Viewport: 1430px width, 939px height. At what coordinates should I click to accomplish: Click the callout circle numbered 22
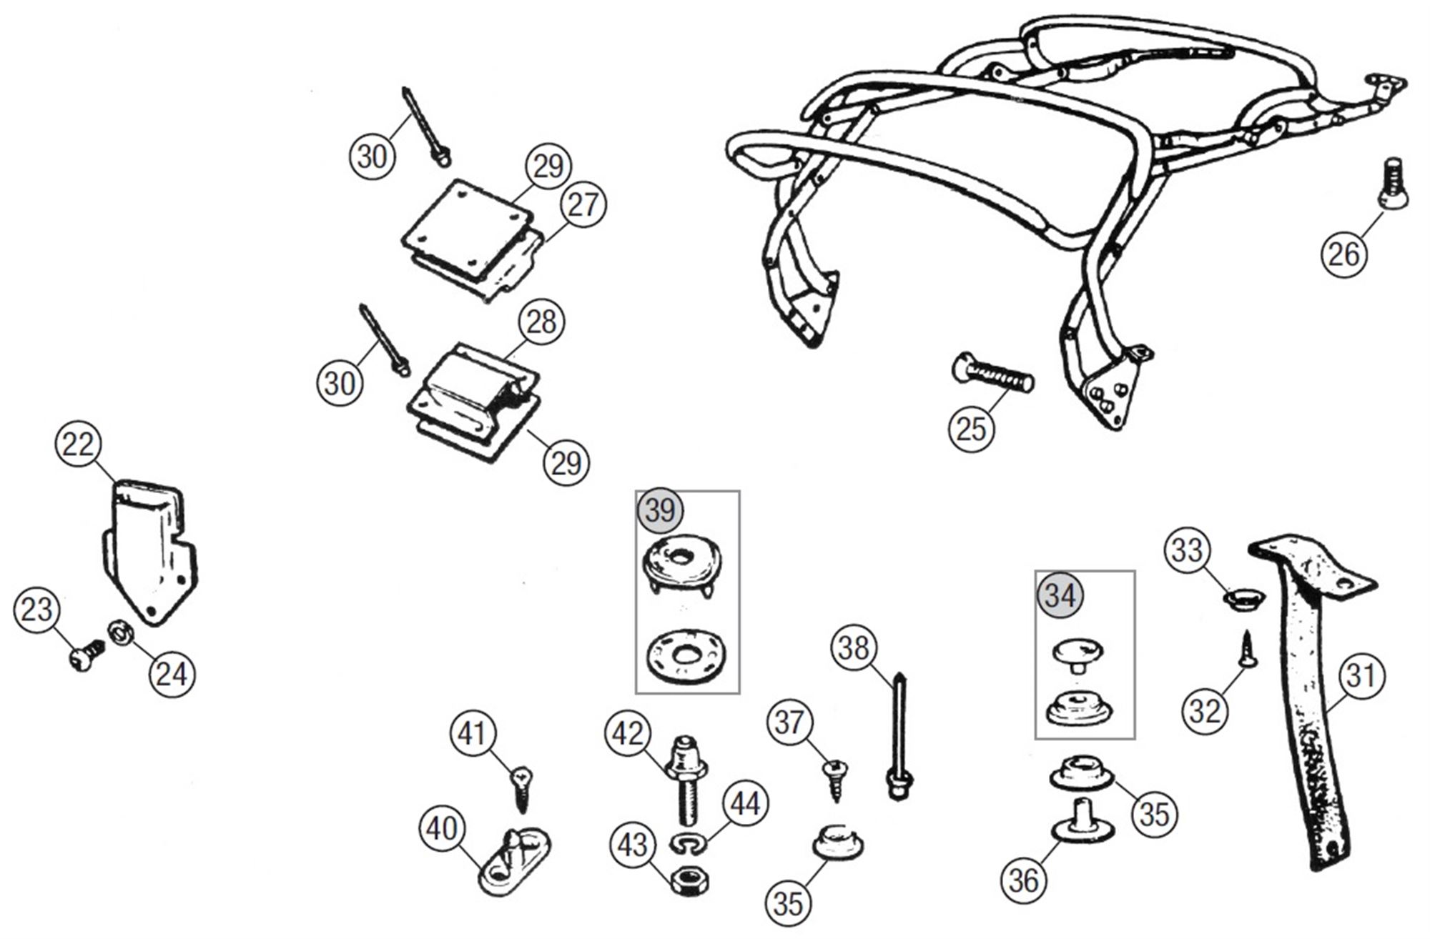pos(77,444)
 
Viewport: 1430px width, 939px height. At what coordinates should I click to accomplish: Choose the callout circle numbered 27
pos(583,206)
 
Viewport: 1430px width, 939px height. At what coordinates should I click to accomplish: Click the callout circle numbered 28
pos(541,322)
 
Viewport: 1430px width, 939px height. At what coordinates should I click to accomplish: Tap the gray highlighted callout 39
pos(660,511)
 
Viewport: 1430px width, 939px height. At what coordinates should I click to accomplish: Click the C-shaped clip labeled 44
pos(688,845)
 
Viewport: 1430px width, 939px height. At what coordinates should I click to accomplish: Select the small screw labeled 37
pos(834,780)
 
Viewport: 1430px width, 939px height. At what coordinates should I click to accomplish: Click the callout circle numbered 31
pos(1361,675)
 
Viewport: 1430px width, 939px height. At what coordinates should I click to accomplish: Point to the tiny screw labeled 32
pos(1248,648)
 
